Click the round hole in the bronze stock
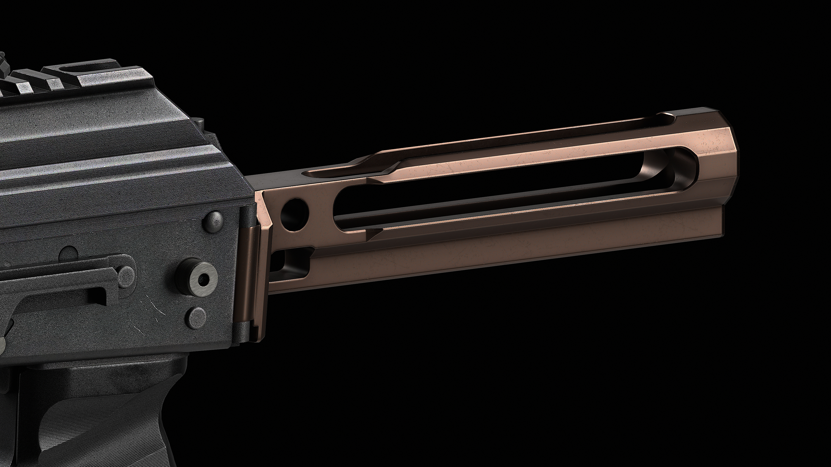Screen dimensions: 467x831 click(295, 214)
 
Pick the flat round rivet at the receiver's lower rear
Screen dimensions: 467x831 click(197, 316)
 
